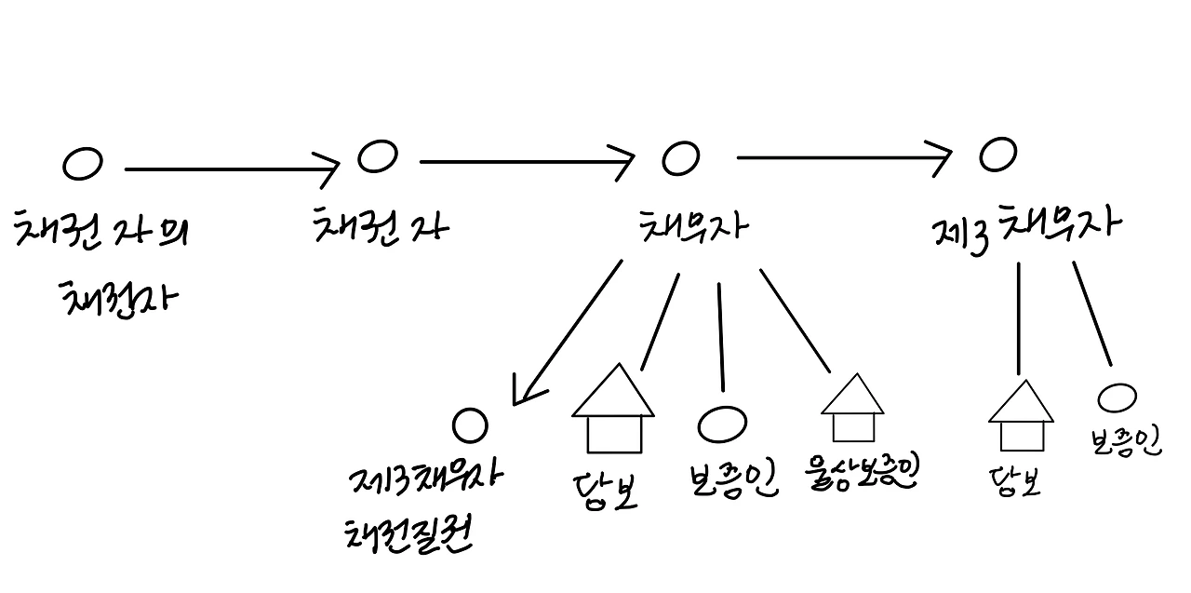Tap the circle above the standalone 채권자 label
coord(378,156)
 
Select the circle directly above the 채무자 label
coord(680,159)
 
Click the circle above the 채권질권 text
coord(470,426)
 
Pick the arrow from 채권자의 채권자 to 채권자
coord(233,169)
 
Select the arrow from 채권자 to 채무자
coord(526,163)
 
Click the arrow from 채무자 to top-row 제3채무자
coord(842,157)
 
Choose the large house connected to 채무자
coord(612,410)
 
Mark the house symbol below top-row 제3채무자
coord(1020,415)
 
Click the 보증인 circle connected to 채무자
coord(721,425)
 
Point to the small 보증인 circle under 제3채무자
coord(1117,398)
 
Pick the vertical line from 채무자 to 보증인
coord(720,335)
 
